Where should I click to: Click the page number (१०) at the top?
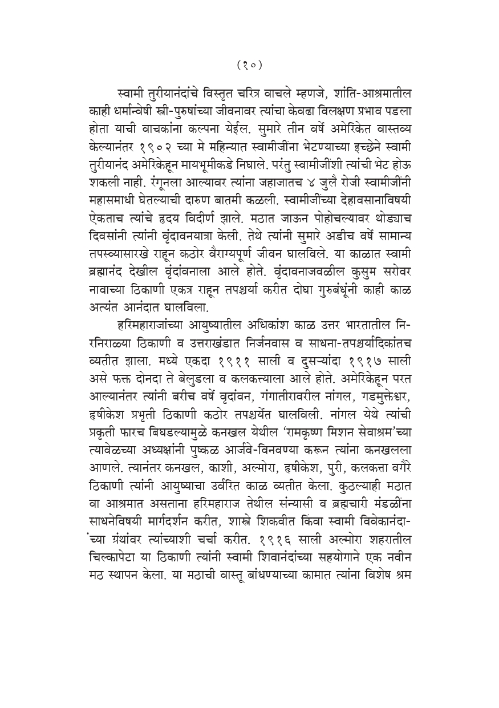249,64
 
